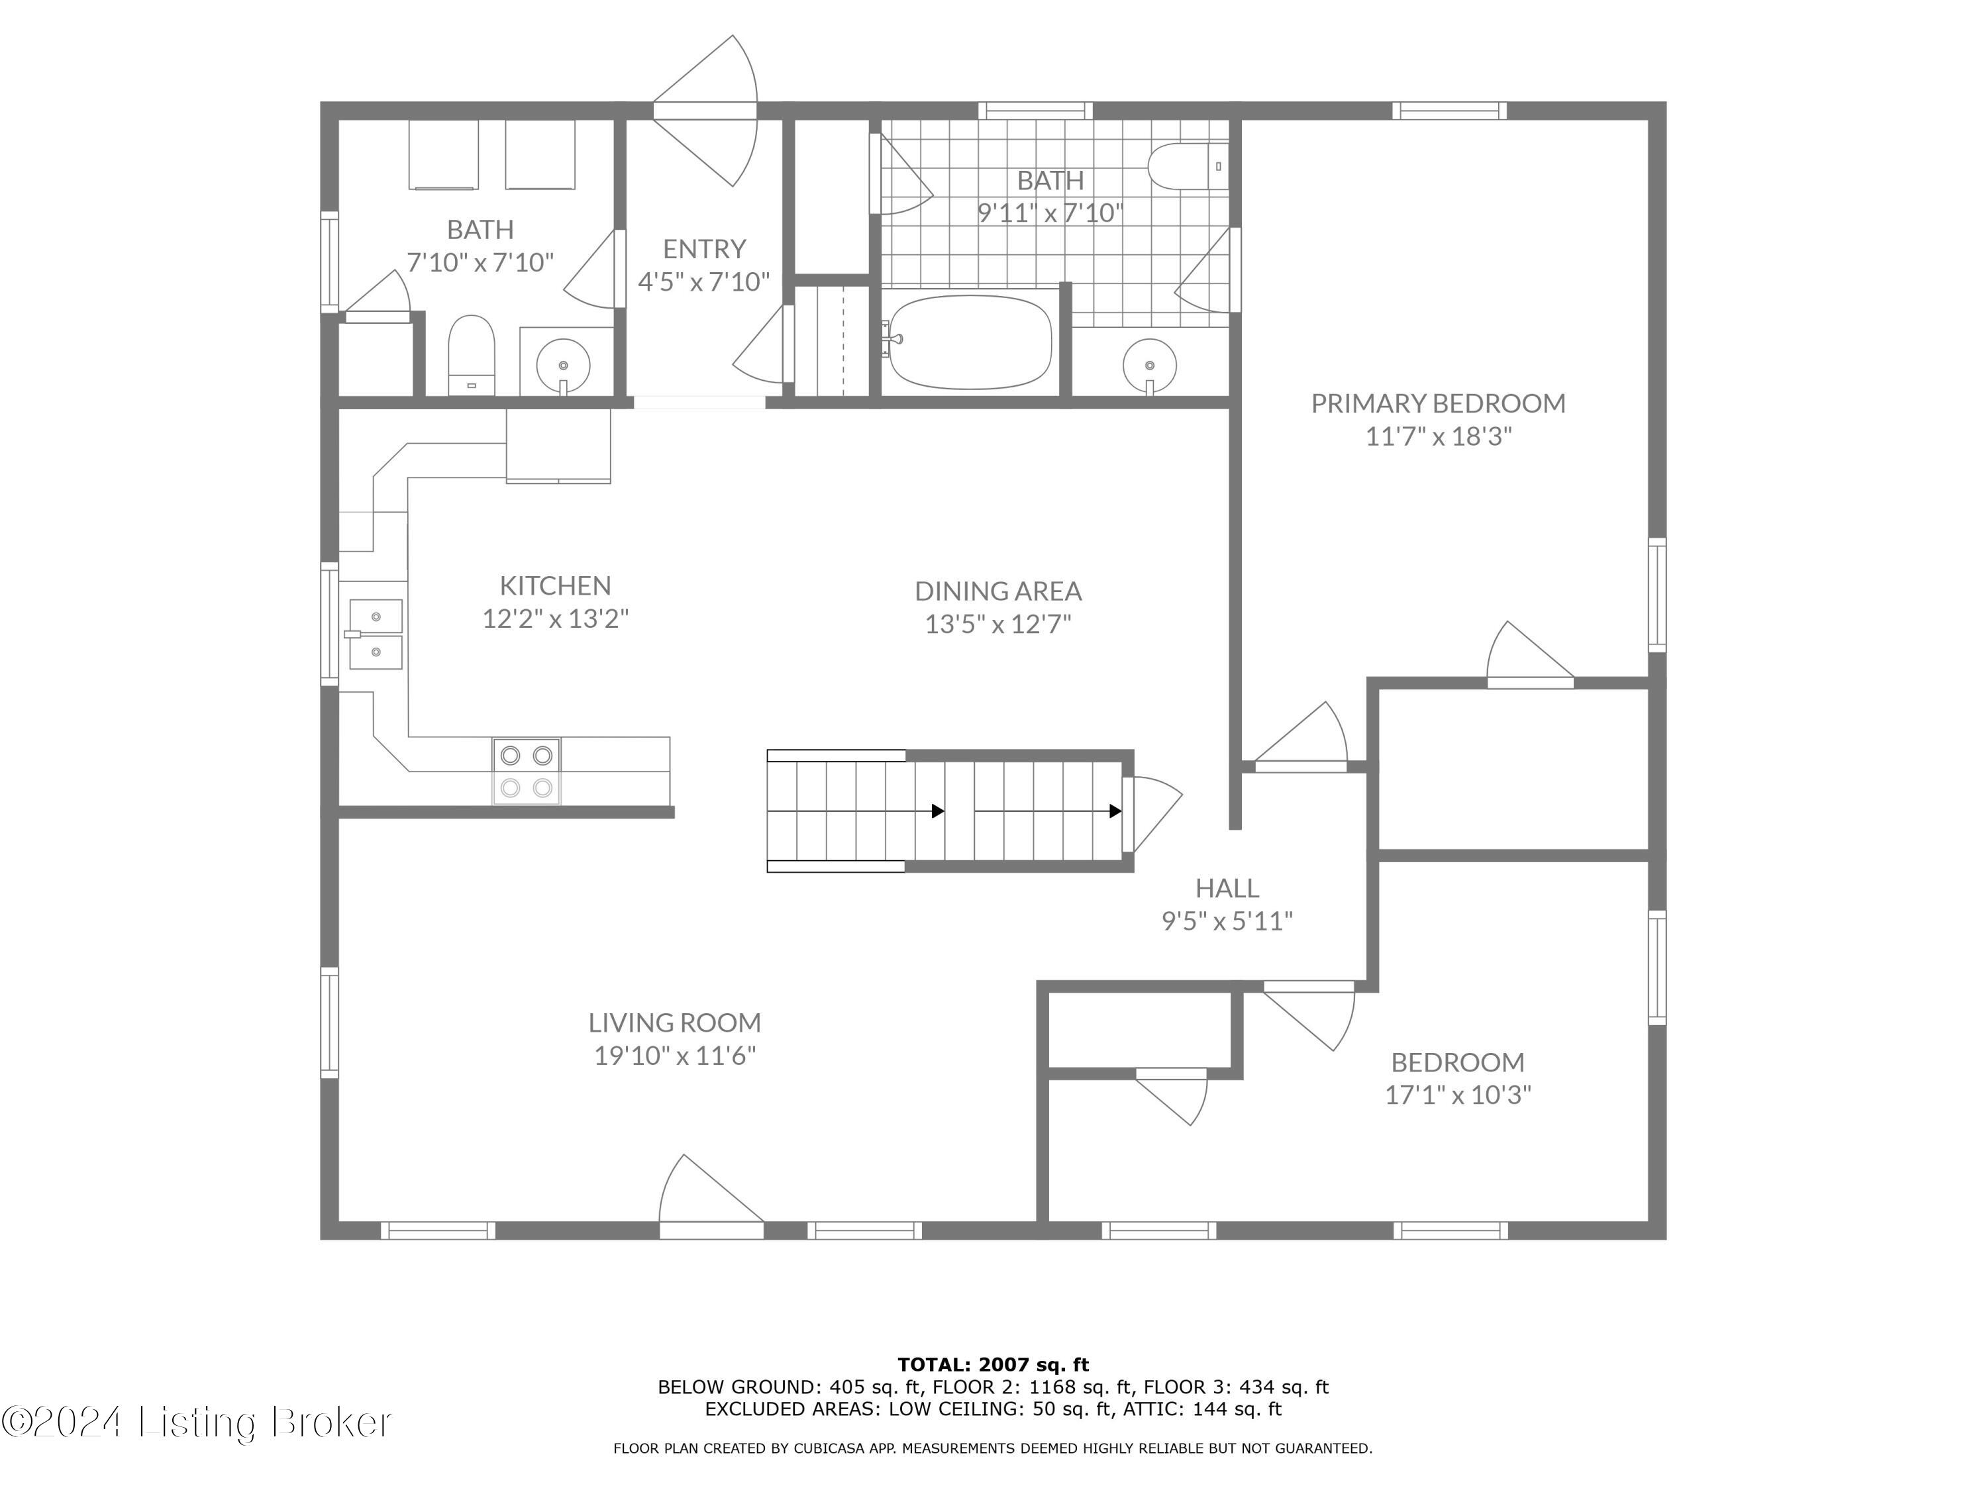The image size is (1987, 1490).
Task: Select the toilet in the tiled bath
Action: click(x=1188, y=166)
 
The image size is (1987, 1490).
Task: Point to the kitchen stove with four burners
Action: click(x=527, y=771)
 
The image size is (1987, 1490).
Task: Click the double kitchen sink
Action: click(x=376, y=634)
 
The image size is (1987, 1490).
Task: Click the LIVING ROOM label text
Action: click(x=675, y=1022)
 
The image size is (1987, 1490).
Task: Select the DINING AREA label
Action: click(x=998, y=591)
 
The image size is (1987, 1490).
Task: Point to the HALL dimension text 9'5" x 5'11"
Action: click(x=1227, y=920)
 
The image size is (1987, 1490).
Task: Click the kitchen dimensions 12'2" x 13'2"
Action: click(x=555, y=619)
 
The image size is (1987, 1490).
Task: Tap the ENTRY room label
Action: click(x=704, y=249)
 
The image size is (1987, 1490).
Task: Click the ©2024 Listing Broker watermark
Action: click(x=196, y=1422)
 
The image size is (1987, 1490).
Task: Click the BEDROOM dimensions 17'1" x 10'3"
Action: click(x=1458, y=1095)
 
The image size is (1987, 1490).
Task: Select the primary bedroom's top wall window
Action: click(x=1449, y=111)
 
